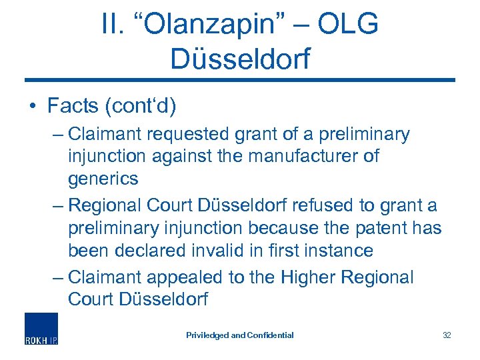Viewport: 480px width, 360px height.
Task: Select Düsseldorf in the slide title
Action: point(240,58)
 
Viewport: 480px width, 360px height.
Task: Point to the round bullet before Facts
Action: point(31,106)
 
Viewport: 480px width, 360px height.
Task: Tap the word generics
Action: point(103,179)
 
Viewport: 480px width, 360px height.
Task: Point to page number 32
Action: point(447,335)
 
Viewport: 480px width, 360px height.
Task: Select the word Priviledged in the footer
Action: point(207,335)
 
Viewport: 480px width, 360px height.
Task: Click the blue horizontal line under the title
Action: point(240,81)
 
